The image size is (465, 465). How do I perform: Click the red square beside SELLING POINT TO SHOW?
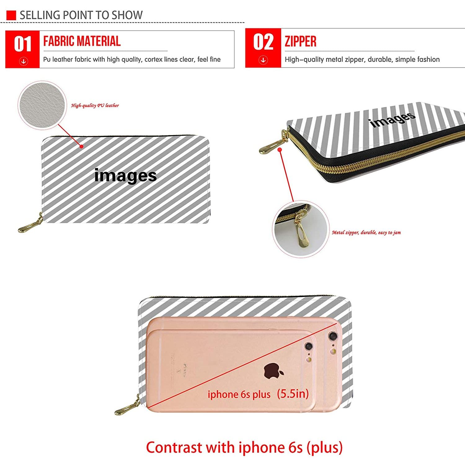[x=11, y=15]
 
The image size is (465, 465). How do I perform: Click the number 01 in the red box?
[x=23, y=44]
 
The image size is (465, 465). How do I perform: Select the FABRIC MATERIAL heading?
[x=82, y=41]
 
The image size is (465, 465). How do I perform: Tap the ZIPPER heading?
[x=300, y=42]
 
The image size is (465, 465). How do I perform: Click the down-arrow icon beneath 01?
[x=24, y=61]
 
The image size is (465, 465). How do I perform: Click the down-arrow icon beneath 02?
[x=263, y=60]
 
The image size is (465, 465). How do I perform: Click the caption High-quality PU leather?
[x=95, y=105]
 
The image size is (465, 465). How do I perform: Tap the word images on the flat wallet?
[x=126, y=175]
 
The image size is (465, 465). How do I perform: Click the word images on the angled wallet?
[x=392, y=120]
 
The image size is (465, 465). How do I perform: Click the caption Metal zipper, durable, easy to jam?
[x=366, y=232]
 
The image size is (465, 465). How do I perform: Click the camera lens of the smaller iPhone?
[x=308, y=346]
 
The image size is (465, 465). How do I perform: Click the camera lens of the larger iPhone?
[x=333, y=336]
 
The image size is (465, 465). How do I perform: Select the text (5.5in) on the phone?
[x=293, y=394]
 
